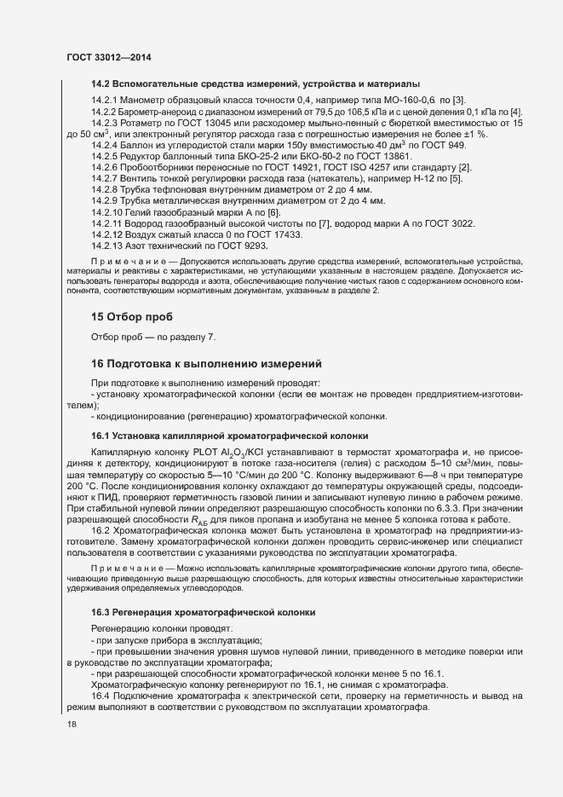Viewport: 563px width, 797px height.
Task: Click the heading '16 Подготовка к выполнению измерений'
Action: click(x=205, y=363)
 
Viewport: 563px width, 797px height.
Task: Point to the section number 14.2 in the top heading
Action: click(x=101, y=84)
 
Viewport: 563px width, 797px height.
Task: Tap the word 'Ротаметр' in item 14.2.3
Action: click(x=144, y=124)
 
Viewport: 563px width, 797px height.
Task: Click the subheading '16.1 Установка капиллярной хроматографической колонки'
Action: click(x=230, y=436)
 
